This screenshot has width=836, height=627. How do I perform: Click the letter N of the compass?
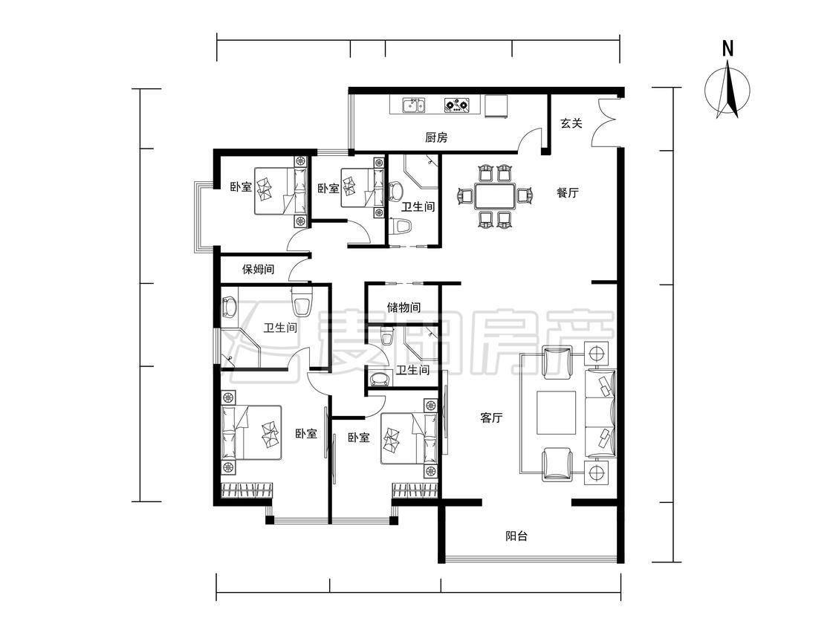tap(728, 48)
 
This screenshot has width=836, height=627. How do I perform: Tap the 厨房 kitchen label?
tap(436, 137)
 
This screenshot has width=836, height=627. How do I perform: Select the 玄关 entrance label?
tap(571, 123)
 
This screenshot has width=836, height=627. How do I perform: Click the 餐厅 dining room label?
tap(568, 192)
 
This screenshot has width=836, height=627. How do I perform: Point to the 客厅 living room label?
tap(492, 418)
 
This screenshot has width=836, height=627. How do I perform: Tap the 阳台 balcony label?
tap(516, 536)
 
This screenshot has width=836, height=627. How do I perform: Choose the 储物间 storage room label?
tap(404, 307)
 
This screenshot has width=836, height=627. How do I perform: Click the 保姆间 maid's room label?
tap(259, 269)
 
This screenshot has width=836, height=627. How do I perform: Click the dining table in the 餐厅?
tap(496, 196)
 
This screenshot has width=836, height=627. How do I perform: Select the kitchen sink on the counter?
tap(414, 105)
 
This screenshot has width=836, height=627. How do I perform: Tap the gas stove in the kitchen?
tap(457, 105)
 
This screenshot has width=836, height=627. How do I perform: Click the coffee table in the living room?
tap(556, 412)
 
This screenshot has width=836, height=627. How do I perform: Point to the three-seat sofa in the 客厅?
tap(601, 412)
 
